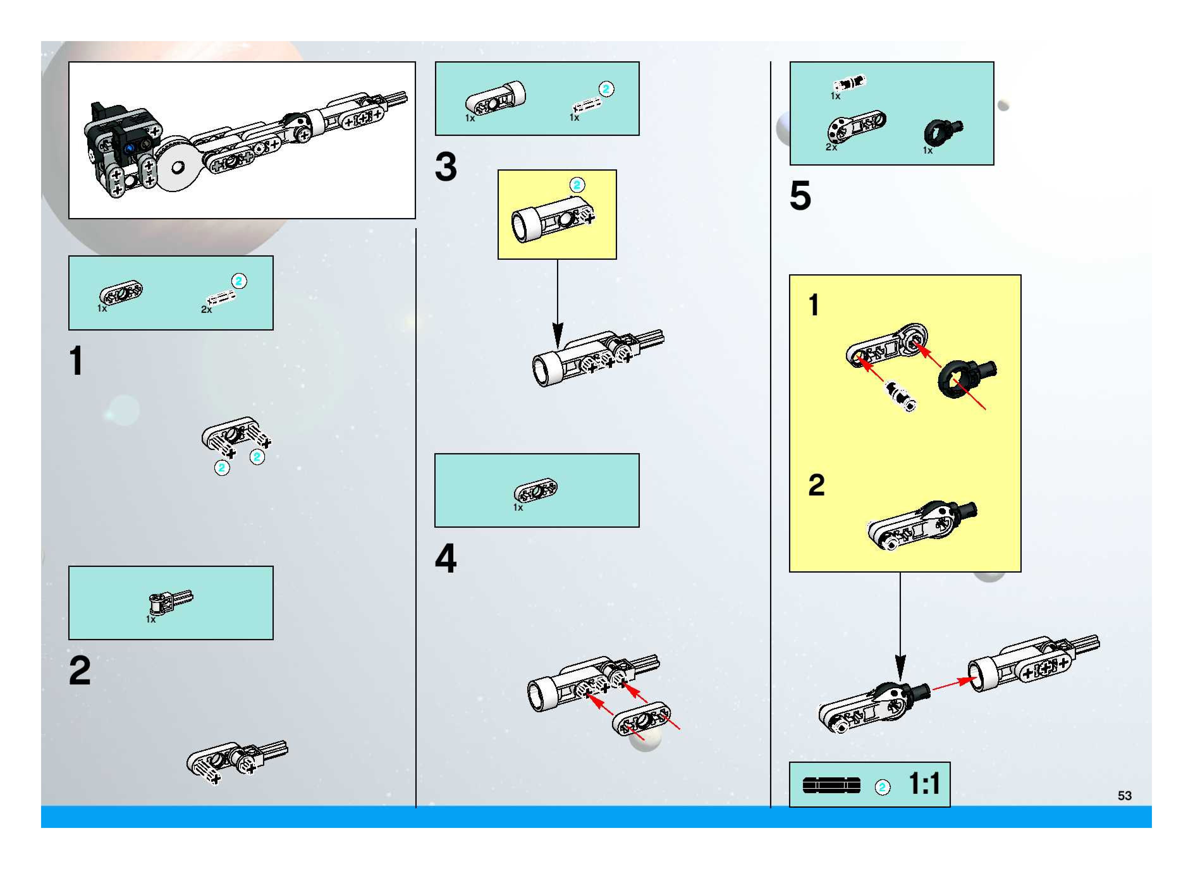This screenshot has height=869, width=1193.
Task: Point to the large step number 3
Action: (446, 167)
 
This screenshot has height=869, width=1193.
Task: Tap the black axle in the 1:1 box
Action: (831, 786)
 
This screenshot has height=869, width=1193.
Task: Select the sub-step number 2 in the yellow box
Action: (816, 485)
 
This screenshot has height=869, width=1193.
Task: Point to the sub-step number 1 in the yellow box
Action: (814, 305)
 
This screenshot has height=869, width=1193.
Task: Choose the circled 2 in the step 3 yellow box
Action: (577, 185)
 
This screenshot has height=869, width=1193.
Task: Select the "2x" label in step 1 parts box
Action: (206, 310)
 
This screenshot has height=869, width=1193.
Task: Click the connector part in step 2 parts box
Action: (169, 601)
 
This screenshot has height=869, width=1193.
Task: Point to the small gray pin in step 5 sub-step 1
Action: (901, 396)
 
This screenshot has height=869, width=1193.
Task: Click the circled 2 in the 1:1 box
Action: (883, 787)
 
